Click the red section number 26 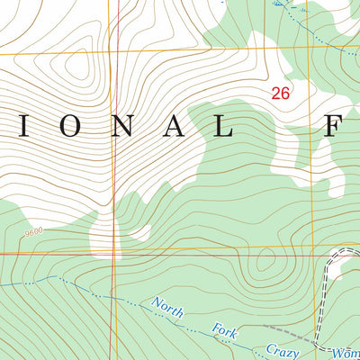(x=280, y=93)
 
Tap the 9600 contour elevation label (x=35, y=232)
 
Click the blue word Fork (x=225, y=332)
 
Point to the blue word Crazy (x=281, y=351)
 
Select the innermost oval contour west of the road (x=265, y=262)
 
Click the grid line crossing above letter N (x=116, y=53)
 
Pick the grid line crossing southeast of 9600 (x=116, y=253)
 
